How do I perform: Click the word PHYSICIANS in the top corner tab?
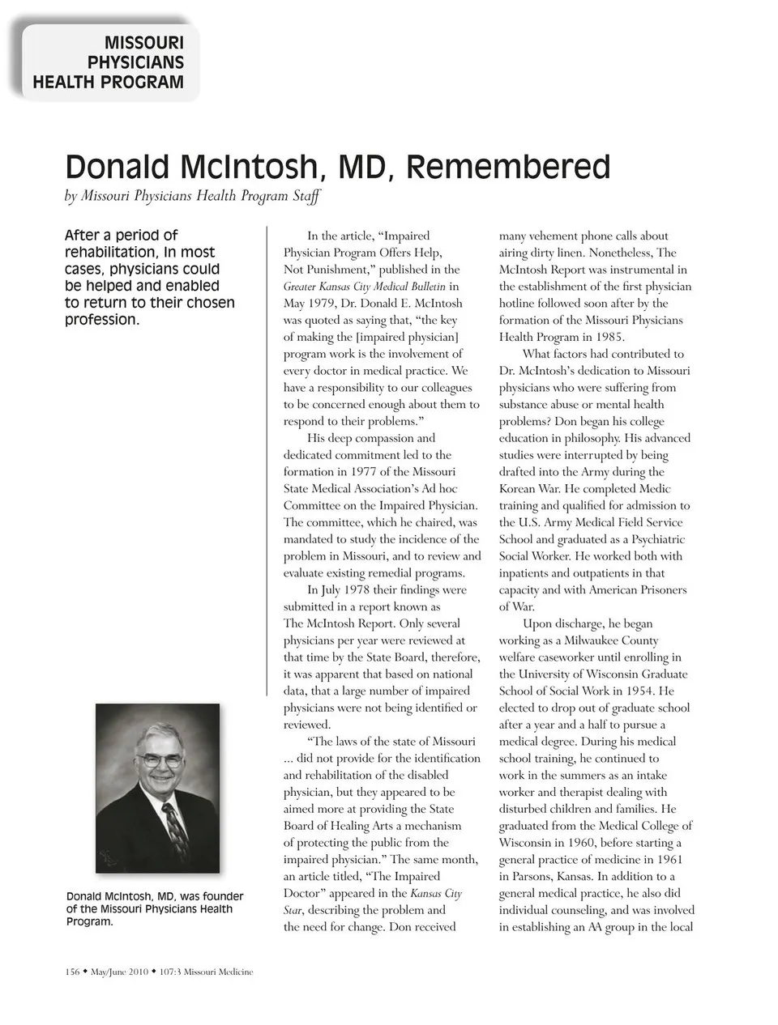(x=135, y=62)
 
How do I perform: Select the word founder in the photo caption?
(x=221, y=896)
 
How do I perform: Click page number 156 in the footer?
(x=72, y=972)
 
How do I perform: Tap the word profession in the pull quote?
(x=100, y=320)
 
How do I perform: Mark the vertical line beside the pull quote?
(x=267, y=461)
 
